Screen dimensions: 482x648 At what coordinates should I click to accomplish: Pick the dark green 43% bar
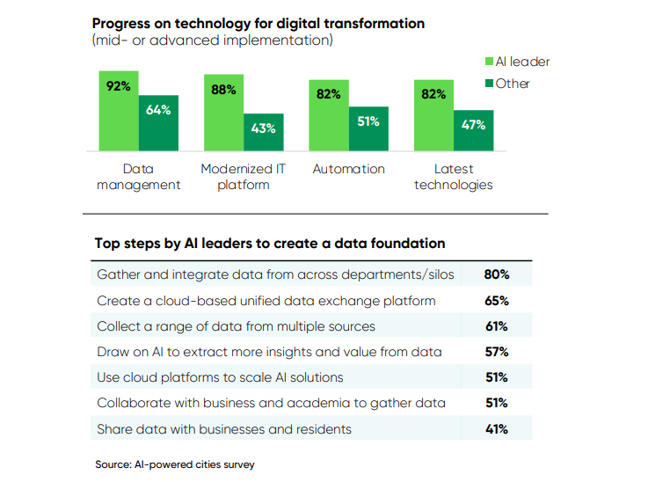click(264, 133)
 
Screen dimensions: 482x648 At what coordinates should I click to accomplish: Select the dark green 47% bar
click(474, 131)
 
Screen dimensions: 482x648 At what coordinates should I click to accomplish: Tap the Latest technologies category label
click(454, 177)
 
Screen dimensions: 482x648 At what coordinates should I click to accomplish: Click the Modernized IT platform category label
click(244, 177)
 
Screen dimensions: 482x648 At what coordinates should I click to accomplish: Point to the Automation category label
click(349, 169)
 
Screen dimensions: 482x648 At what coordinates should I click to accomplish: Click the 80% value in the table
click(497, 274)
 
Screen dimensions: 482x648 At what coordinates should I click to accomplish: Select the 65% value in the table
click(497, 301)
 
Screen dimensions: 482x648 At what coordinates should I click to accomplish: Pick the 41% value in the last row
click(497, 429)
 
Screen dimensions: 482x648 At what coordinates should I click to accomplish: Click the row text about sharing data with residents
click(224, 429)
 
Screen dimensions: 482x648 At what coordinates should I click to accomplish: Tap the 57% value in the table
click(497, 352)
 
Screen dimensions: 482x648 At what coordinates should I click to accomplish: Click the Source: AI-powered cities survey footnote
click(175, 464)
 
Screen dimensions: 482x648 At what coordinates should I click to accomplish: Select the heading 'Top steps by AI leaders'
click(270, 243)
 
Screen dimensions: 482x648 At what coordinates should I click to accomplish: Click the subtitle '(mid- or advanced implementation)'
click(212, 40)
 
